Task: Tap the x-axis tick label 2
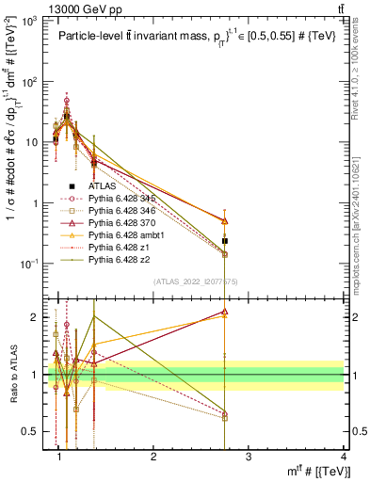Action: tap(153, 456)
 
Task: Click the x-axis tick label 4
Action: tap(345, 456)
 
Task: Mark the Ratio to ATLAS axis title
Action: tap(12, 378)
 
